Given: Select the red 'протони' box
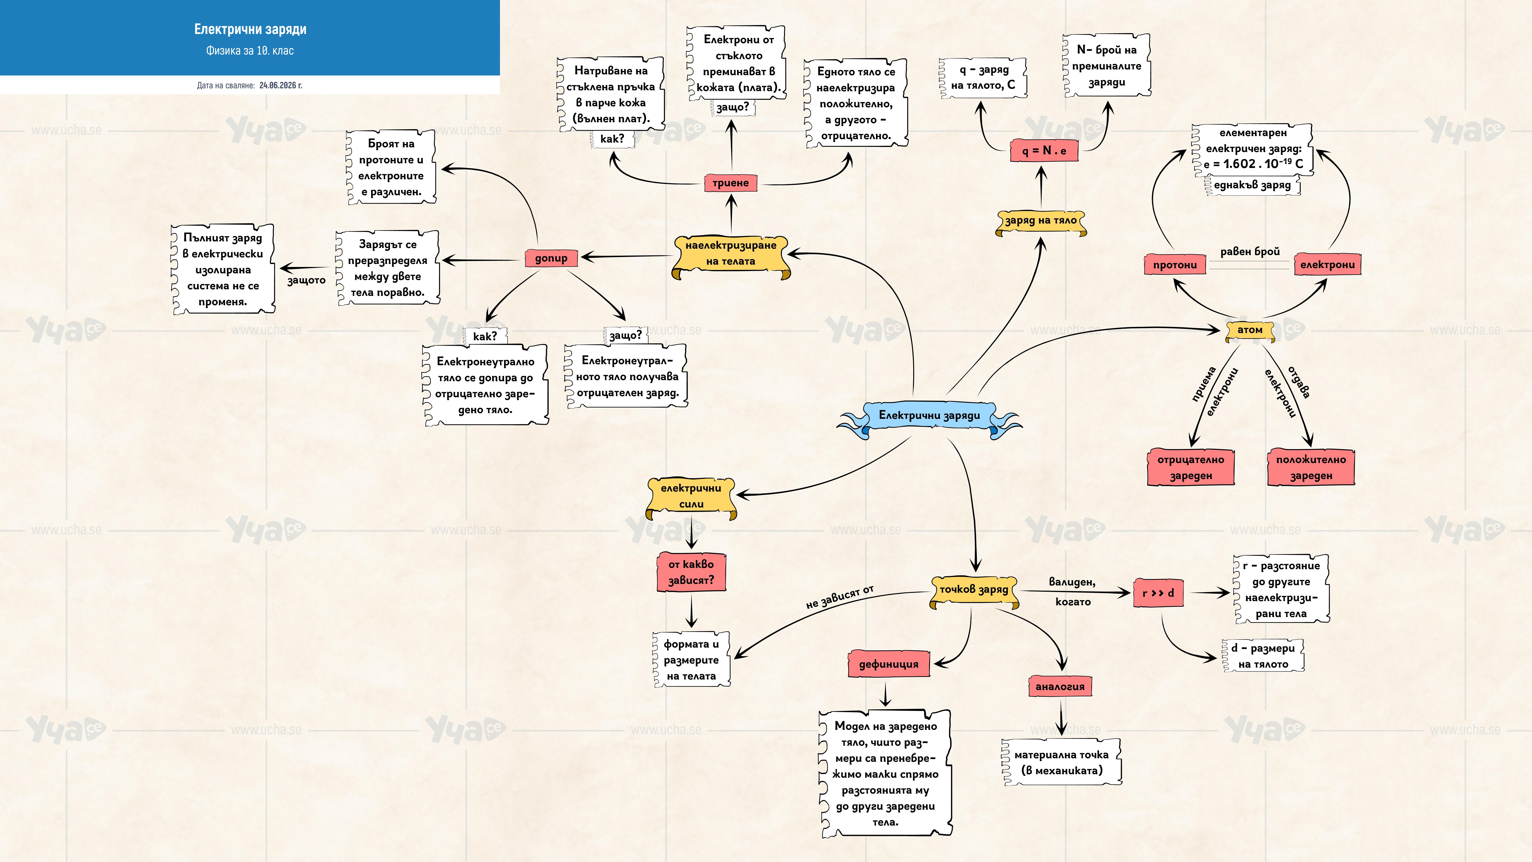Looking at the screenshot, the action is tap(1175, 265).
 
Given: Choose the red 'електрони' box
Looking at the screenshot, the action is tap(1327, 265).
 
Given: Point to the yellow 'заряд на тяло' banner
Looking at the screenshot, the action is tap(1041, 221).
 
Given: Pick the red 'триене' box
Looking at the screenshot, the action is tap(731, 183).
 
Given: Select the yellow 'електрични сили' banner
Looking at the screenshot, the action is tap(691, 497).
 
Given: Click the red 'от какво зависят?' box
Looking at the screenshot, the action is tap(691, 572).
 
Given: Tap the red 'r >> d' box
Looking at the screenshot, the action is tap(1158, 593).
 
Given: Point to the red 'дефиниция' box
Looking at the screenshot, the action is tap(888, 664).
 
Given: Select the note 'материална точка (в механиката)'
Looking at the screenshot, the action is tap(1062, 763).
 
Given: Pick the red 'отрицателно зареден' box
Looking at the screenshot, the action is tap(1191, 468).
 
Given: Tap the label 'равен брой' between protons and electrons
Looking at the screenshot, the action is tap(1250, 252).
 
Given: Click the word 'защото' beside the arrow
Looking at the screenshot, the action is tap(306, 280).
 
